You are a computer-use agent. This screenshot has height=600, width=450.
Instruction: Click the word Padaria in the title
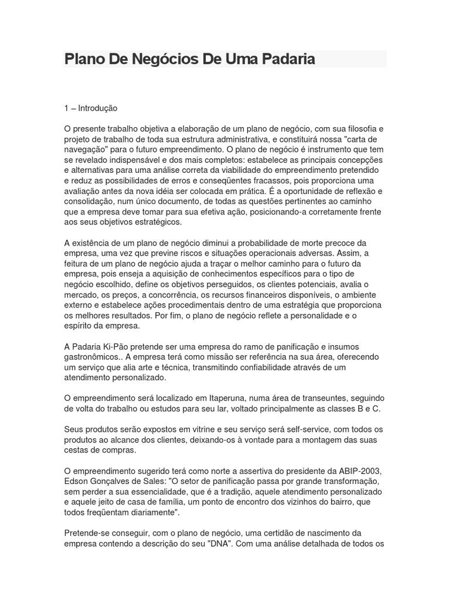[285, 59]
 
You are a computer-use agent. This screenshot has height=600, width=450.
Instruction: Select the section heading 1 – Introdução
[91, 108]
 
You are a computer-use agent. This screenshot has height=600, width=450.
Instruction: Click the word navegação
[88, 149]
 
